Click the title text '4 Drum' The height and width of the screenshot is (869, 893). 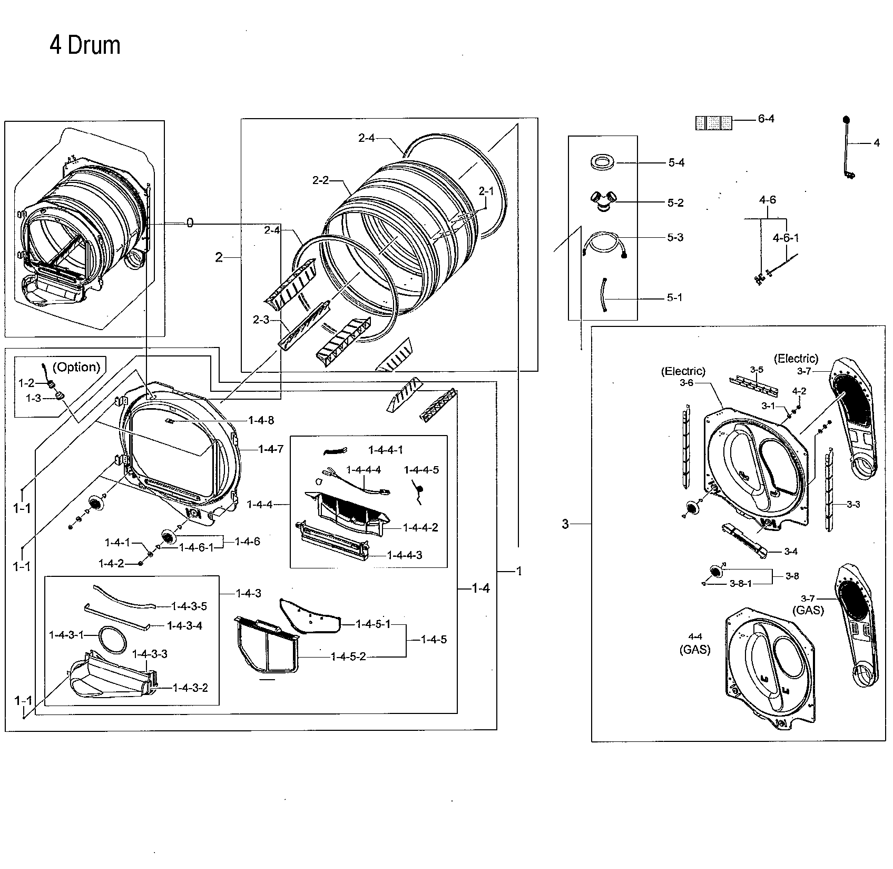85,45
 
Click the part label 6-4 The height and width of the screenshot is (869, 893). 766,119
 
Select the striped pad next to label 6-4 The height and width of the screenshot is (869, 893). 713,122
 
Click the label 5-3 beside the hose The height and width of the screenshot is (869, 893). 675,238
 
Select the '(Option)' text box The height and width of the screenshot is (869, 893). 76,367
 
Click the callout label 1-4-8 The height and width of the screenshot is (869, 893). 261,420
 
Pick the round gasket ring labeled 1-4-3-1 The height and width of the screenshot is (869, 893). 112,639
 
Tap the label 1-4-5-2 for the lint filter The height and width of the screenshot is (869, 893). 348,656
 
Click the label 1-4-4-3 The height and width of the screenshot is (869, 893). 404,555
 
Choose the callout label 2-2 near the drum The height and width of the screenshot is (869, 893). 320,180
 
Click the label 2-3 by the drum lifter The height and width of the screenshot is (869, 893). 261,320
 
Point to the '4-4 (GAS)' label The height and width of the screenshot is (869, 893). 694,644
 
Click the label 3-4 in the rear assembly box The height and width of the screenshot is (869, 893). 790,552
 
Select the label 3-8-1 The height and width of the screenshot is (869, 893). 741,584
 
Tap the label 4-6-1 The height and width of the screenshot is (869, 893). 786,238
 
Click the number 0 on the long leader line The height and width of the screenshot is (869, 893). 190,224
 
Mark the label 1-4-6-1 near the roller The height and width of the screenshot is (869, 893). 197,547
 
